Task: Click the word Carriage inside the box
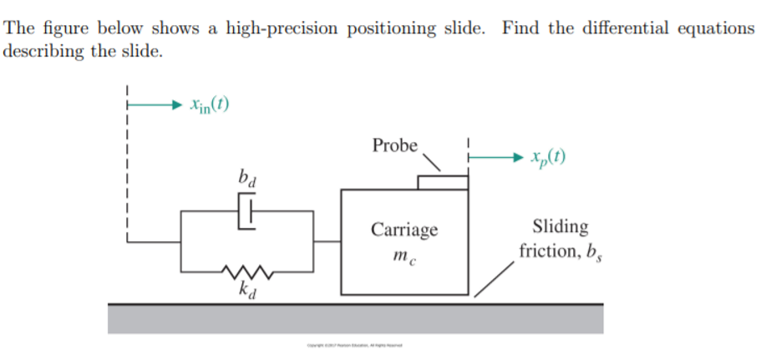pyautogui.click(x=404, y=230)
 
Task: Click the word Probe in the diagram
pyautogui.click(x=395, y=145)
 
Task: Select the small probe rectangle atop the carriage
pyautogui.click(x=442, y=182)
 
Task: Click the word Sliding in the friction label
pyautogui.click(x=560, y=226)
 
